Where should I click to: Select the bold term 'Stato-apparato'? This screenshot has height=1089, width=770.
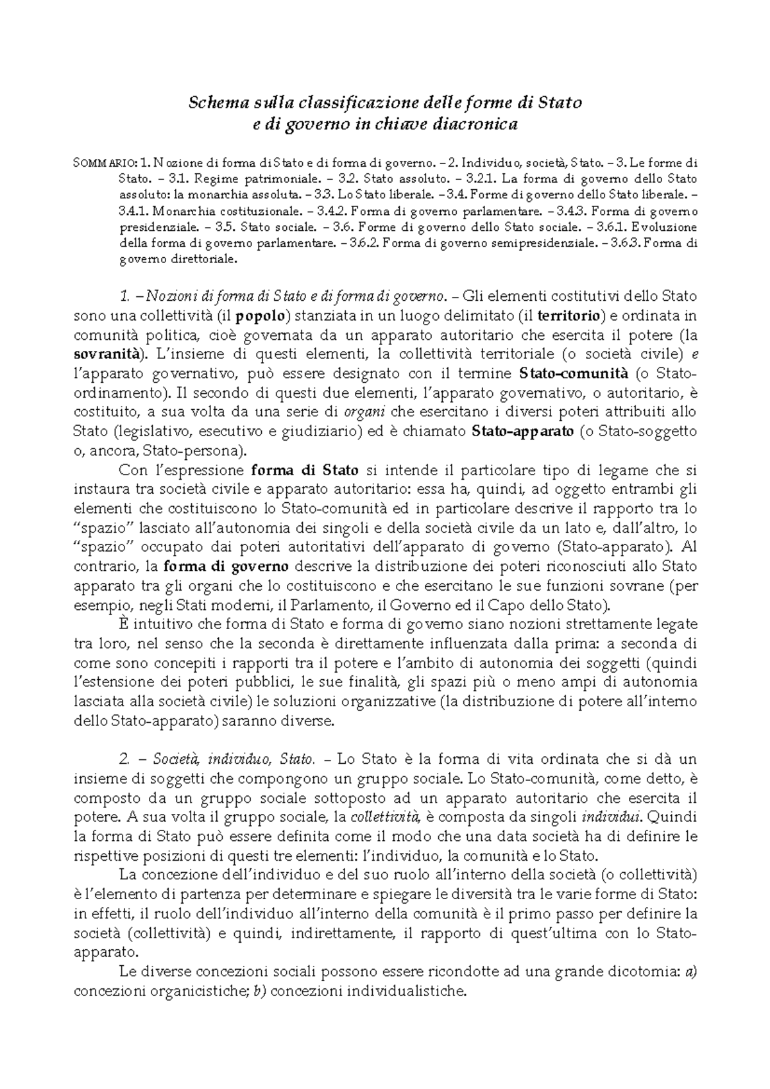click(x=522, y=431)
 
